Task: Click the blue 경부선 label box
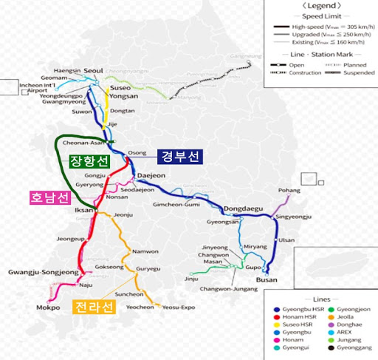tap(181, 157)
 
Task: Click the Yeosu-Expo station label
tap(179, 307)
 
